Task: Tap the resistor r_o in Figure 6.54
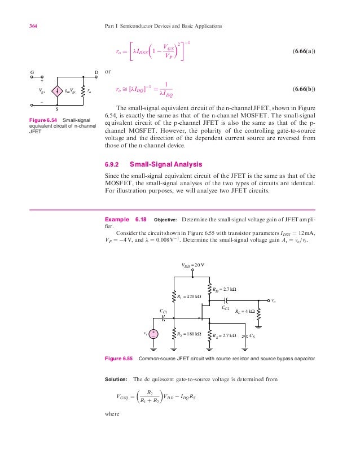click(x=83, y=90)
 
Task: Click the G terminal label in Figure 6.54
click(x=33, y=72)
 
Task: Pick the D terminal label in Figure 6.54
click(x=96, y=72)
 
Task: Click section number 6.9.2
click(x=113, y=165)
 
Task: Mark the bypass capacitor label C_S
click(x=252, y=335)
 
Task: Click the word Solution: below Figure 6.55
click(x=117, y=379)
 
